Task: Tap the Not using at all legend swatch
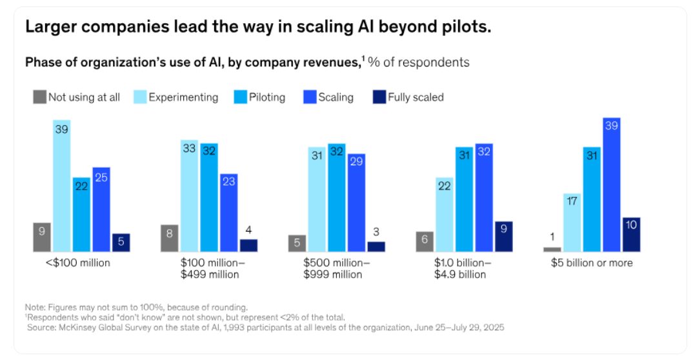(39, 97)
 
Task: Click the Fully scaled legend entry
(408, 97)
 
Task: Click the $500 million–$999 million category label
(337, 268)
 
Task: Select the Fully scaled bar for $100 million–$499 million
(248, 245)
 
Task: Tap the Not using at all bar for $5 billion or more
(552, 249)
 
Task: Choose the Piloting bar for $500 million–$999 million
(337, 197)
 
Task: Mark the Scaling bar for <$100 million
(101, 209)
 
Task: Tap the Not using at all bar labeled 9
(42, 237)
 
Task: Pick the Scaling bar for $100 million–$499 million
(228, 212)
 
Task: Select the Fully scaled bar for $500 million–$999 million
(376, 246)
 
